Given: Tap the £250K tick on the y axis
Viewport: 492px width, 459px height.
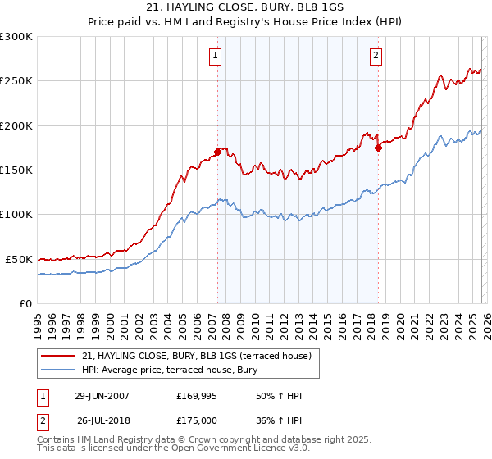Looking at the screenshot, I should click(x=16, y=81).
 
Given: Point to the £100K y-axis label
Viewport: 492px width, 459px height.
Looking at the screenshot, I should click(x=16, y=214).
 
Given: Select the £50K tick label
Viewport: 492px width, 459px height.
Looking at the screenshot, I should click(x=19, y=259).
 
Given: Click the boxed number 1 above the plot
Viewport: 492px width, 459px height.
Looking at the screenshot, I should click(x=215, y=56).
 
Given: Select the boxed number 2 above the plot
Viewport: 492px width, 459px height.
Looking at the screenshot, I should click(x=376, y=56).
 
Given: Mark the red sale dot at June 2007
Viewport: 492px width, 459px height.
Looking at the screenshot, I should click(x=217, y=152).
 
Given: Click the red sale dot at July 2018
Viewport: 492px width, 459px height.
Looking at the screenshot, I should click(x=378, y=148).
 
